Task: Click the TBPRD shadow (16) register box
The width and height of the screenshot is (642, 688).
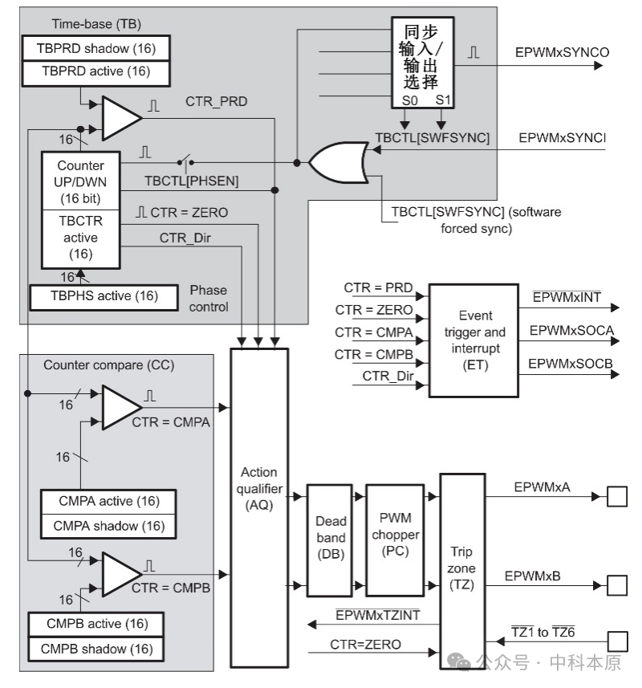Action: (95, 47)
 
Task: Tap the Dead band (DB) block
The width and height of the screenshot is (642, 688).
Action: (331, 538)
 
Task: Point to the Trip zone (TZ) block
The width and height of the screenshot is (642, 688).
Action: (462, 570)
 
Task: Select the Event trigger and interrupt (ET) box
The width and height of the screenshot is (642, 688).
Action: (473, 340)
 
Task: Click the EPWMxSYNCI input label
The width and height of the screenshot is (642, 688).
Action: (561, 138)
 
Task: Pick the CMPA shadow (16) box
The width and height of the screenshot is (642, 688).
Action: (108, 526)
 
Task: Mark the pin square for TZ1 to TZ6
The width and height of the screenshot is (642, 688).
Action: (616, 641)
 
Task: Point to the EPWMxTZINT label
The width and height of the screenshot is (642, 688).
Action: (377, 616)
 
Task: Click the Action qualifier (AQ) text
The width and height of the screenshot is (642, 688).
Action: (258, 489)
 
